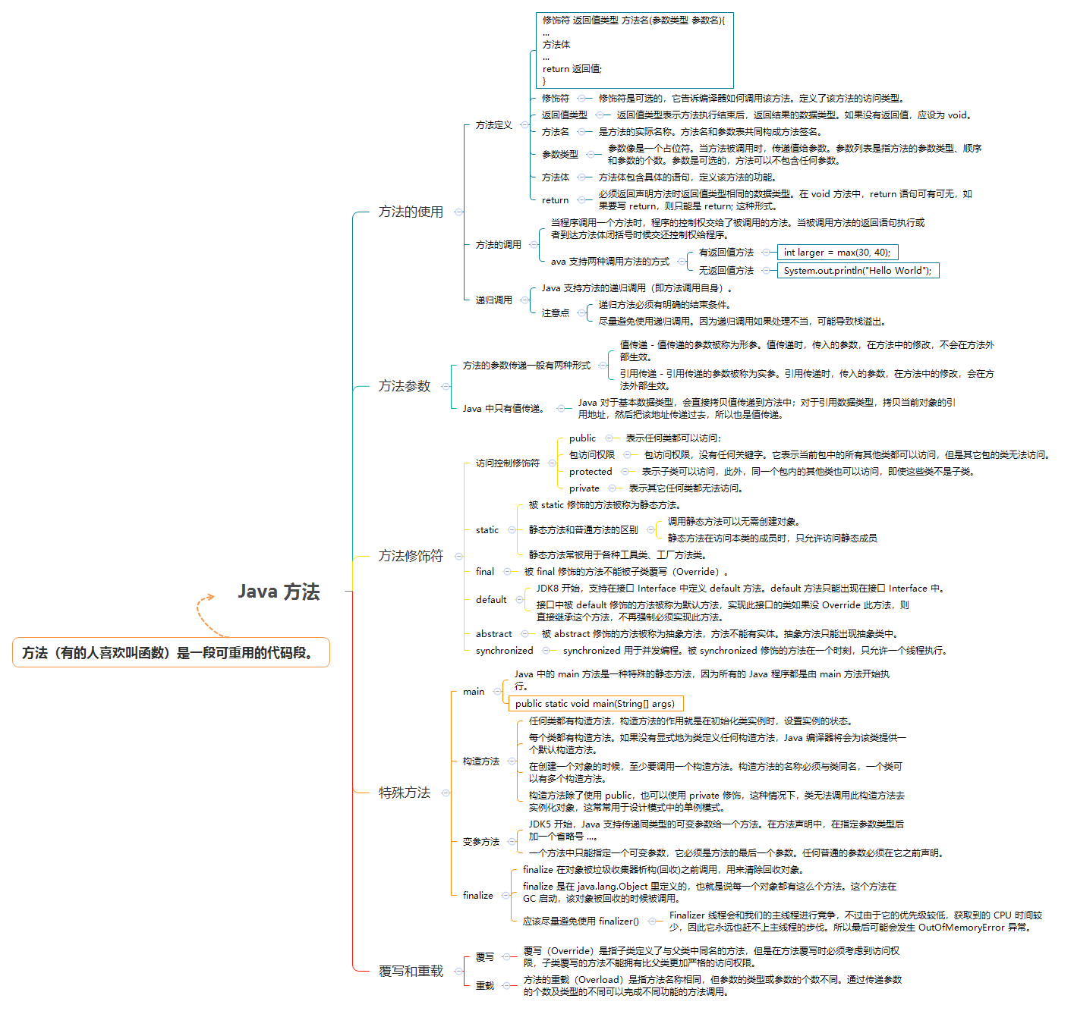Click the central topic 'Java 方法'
point(279,592)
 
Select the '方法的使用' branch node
point(411,212)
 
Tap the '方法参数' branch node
point(405,386)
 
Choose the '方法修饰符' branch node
point(411,556)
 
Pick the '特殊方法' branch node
point(405,793)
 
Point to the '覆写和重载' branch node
point(411,971)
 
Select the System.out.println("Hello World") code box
point(858,271)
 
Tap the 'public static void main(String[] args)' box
point(595,704)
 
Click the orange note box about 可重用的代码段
point(171,653)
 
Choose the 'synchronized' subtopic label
point(504,651)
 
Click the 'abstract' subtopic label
point(493,634)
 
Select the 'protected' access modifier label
point(591,472)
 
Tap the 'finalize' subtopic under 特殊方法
point(478,896)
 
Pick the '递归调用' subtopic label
point(493,300)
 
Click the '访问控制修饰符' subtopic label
point(507,463)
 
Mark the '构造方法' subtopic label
point(481,761)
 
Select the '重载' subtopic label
point(484,986)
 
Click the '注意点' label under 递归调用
point(555,313)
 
